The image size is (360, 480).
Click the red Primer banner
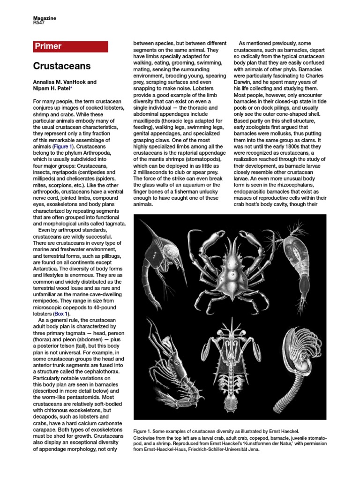click(70, 46)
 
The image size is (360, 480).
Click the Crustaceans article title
click(62, 66)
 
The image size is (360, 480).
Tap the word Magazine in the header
click(44, 17)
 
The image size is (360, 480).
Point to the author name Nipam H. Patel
click(52, 89)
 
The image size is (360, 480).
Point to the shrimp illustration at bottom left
click(164, 361)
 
